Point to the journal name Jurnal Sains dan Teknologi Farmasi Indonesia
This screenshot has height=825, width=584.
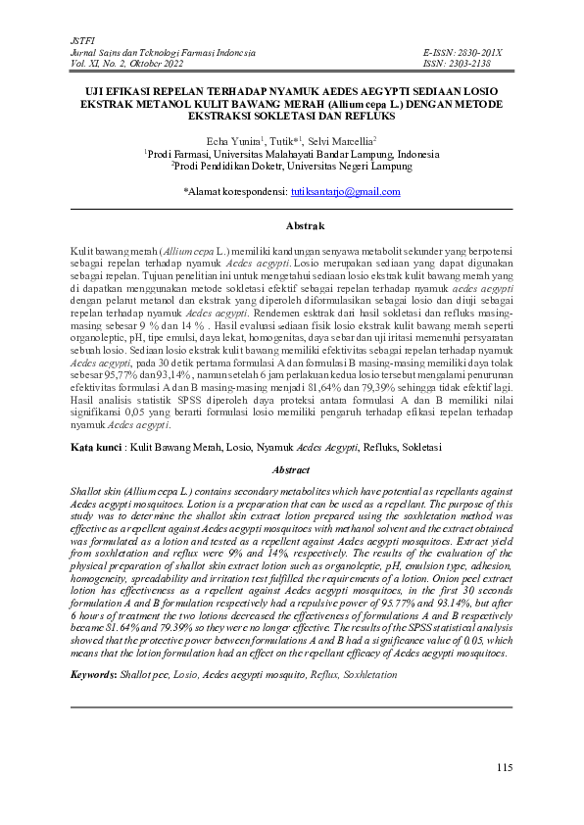point(164,50)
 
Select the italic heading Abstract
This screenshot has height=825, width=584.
point(291,470)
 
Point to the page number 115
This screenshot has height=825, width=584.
point(504,767)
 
